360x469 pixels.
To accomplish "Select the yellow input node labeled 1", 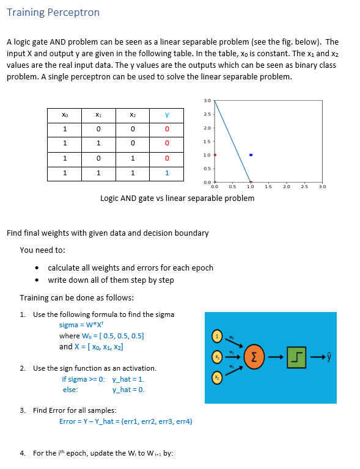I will click(x=215, y=335).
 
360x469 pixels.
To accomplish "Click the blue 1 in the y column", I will click(x=166, y=173).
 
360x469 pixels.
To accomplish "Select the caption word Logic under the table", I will click(x=110, y=198).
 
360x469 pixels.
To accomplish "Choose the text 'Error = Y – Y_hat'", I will click(x=89, y=421).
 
